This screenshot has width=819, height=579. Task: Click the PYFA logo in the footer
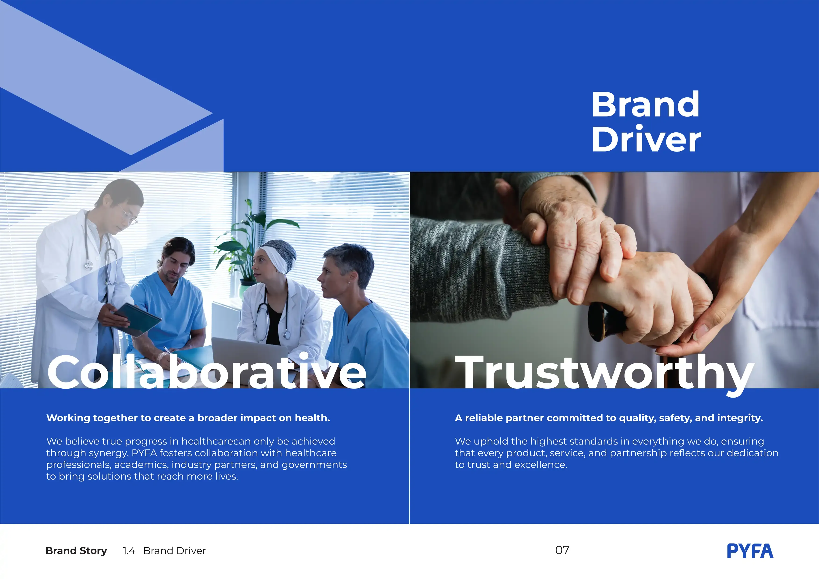(x=750, y=551)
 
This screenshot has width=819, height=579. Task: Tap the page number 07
(x=562, y=550)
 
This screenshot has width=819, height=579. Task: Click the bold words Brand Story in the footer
(x=76, y=551)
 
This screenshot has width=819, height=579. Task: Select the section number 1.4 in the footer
(x=129, y=551)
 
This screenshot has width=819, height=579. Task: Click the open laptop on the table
(x=246, y=353)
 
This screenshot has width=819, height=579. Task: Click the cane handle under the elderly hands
(x=603, y=321)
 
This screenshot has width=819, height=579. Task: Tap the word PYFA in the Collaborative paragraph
(x=144, y=453)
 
